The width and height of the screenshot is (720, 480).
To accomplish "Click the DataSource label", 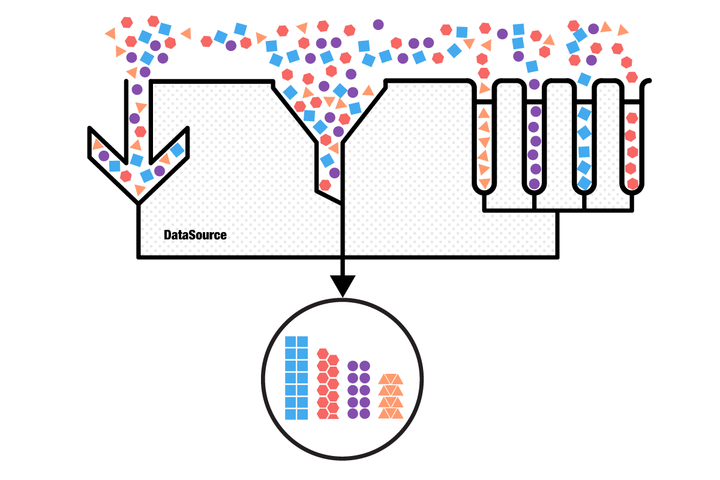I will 195,235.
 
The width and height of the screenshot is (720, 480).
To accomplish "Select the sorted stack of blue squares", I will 296,377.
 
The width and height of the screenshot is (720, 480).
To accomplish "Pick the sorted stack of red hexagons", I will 328,384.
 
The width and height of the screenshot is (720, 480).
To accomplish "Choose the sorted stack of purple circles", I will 359,389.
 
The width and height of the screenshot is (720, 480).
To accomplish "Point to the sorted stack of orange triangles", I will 391,396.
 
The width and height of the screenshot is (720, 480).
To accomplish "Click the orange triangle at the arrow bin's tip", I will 140,190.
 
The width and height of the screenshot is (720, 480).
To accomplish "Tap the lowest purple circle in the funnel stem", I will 334,173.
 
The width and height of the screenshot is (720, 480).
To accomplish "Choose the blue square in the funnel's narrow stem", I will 327,160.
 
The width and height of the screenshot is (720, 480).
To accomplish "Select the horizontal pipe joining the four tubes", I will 558,210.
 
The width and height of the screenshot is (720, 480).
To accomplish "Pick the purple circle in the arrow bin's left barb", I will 104,156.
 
